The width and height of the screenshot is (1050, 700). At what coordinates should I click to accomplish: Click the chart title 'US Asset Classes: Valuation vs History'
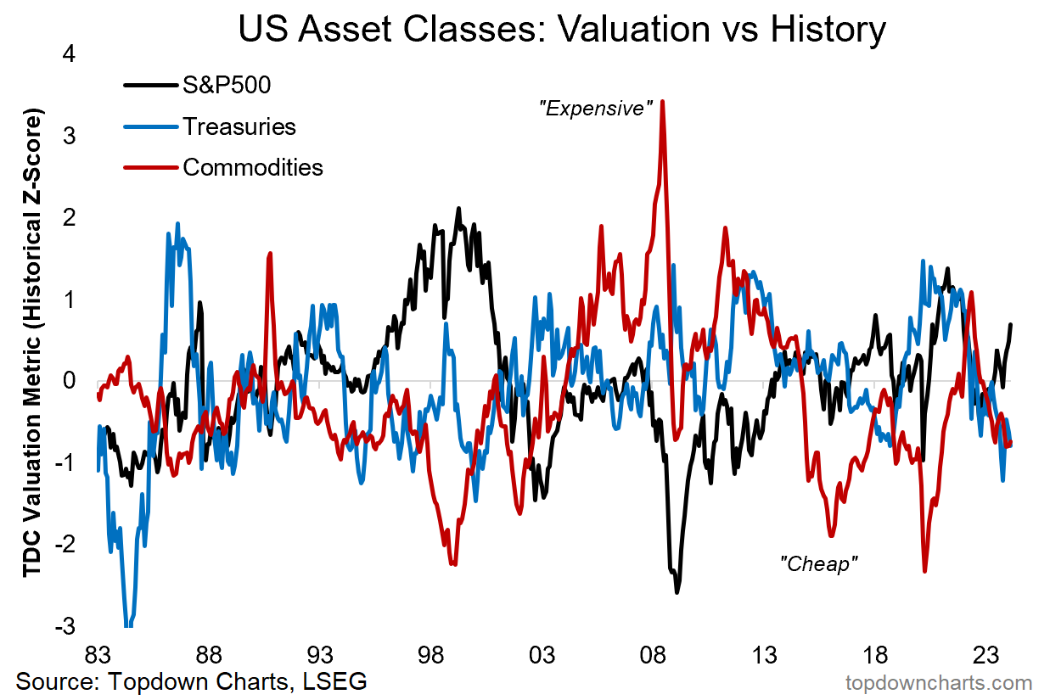click(x=562, y=31)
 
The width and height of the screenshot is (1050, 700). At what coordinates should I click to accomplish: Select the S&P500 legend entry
click(x=227, y=85)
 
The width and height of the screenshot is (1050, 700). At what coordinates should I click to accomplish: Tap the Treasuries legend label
click(x=239, y=126)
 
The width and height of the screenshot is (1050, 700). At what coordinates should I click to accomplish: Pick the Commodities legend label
click(x=253, y=167)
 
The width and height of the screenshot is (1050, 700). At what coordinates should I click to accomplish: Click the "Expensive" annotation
click(x=596, y=109)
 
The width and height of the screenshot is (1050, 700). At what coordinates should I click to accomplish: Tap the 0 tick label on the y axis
click(x=69, y=381)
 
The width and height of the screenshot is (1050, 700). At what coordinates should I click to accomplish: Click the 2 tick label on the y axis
click(x=69, y=217)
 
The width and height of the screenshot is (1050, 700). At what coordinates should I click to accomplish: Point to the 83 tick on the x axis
click(x=98, y=656)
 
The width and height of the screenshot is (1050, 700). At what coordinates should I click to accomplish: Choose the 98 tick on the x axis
click(x=430, y=656)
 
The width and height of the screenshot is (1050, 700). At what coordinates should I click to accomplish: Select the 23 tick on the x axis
click(x=985, y=656)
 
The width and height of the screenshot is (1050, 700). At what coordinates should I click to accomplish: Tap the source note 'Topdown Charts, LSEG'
click(x=191, y=681)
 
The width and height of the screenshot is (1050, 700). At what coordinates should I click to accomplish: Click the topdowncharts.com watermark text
click(x=939, y=682)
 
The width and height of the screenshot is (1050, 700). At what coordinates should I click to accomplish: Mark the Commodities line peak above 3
click(x=662, y=102)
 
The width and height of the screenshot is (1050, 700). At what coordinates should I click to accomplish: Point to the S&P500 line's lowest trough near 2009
click(x=677, y=591)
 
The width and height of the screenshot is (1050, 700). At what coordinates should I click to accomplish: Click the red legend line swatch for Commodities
click(x=151, y=167)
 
